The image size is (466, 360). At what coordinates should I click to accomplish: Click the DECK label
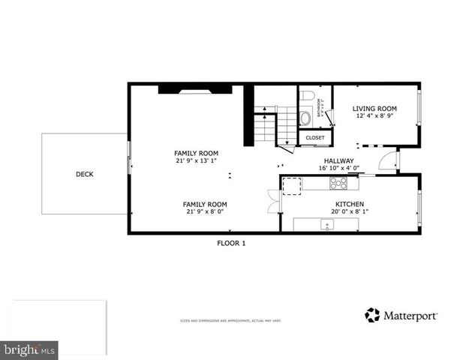pos(85,174)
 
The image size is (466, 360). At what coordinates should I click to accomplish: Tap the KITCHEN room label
pos(349,204)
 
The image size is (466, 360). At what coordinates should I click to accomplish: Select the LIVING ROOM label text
pos(374,109)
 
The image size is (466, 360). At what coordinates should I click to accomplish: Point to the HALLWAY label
pos(338,160)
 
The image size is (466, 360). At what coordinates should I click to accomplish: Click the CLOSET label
pos(315,138)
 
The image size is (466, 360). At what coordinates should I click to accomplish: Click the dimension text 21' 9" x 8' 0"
pos(205,212)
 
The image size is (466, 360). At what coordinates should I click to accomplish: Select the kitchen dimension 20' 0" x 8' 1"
pos(349,212)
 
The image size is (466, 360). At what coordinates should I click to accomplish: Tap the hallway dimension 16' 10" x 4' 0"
pos(338,168)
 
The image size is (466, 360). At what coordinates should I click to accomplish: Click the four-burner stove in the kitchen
pos(339,183)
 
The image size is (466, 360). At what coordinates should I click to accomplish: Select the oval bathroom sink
pos(305,118)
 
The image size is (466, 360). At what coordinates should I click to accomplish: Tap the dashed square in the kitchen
pos(291,184)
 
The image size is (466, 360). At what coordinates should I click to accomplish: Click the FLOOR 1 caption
pos(231,243)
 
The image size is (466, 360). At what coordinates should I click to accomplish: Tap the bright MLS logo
pos(29,349)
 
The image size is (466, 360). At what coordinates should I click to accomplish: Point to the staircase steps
pos(266,126)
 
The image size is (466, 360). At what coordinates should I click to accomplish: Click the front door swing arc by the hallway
pos(387,160)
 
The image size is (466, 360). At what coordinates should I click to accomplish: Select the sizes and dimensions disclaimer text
pos(230,321)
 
